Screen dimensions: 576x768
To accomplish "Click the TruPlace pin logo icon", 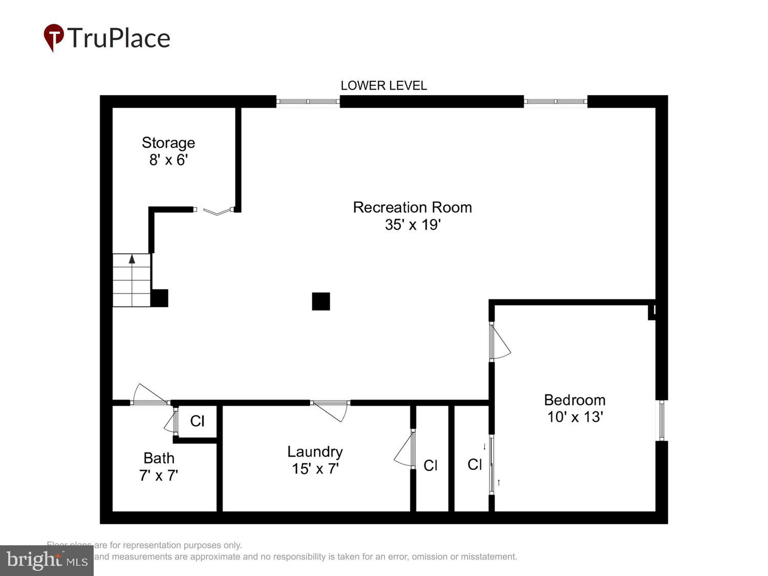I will (54, 37).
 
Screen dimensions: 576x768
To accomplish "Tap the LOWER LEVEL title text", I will (383, 86).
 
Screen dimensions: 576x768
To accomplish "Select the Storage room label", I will (168, 143).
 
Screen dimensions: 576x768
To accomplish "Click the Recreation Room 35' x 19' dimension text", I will (413, 225).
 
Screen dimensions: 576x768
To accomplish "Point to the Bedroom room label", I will (574, 400).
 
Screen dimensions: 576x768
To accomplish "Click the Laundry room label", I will (315, 452).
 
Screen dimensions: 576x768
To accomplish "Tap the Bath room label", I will (159, 458).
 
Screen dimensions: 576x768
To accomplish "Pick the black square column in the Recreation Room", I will (321, 302).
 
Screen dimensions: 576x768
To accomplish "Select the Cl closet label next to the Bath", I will (197, 421).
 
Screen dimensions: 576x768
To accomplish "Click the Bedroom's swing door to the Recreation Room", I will (499, 342).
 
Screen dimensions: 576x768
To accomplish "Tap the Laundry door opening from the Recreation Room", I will (330, 410).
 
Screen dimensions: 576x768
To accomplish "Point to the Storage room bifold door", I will (216, 210).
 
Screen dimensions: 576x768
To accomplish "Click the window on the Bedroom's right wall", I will (662, 420).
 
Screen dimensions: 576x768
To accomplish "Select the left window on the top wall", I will (308, 101).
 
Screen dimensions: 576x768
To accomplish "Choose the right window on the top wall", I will (556, 101).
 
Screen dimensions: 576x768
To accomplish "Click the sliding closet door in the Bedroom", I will (492, 464).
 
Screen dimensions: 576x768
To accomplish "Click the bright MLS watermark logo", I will (47, 560).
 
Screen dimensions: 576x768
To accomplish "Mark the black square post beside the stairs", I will (159, 298).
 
